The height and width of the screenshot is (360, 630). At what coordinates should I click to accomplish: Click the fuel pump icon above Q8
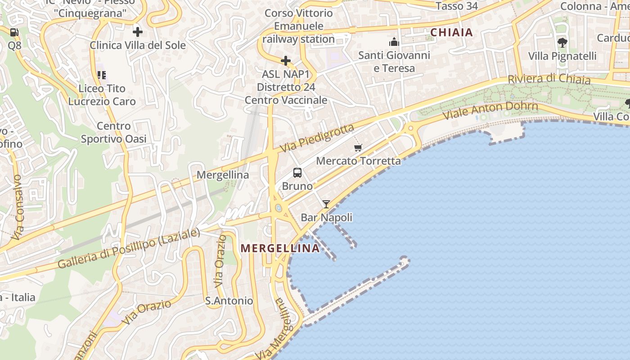pos(14,32)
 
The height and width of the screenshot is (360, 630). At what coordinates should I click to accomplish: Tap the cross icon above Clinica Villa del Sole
pos(138,32)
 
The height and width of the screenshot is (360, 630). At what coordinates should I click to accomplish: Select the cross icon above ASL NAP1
pos(286,61)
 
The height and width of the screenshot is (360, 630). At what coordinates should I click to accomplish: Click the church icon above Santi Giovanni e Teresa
pos(394,42)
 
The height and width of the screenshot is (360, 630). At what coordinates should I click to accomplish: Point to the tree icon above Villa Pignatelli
pos(562,43)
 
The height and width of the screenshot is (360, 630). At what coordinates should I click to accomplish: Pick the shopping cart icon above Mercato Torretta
pos(358,148)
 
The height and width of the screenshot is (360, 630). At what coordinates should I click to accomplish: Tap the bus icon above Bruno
pos(297,173)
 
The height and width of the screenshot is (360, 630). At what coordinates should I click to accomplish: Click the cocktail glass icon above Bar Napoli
pos(326,204)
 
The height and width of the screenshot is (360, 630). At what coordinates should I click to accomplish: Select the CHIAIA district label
pos(451,32)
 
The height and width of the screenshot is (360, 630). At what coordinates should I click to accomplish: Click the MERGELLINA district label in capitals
pos(280,248)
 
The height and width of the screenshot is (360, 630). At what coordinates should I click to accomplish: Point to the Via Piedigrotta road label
pos(317,138)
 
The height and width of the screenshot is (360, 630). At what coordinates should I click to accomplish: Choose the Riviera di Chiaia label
pos(549,79)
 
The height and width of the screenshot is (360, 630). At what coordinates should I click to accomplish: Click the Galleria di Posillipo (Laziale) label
pos(129,249)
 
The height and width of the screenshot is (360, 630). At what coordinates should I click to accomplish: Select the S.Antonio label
pos(229,301)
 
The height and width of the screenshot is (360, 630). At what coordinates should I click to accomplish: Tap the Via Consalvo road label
pos(18,207)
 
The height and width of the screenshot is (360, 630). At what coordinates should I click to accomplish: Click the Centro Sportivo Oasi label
pos(114,132)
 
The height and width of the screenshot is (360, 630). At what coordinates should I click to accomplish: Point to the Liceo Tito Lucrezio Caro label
pos(102,95)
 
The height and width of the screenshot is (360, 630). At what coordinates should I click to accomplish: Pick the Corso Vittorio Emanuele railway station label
pos(298,26)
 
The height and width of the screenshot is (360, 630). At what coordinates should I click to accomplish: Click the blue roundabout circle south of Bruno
pos(279,208)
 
